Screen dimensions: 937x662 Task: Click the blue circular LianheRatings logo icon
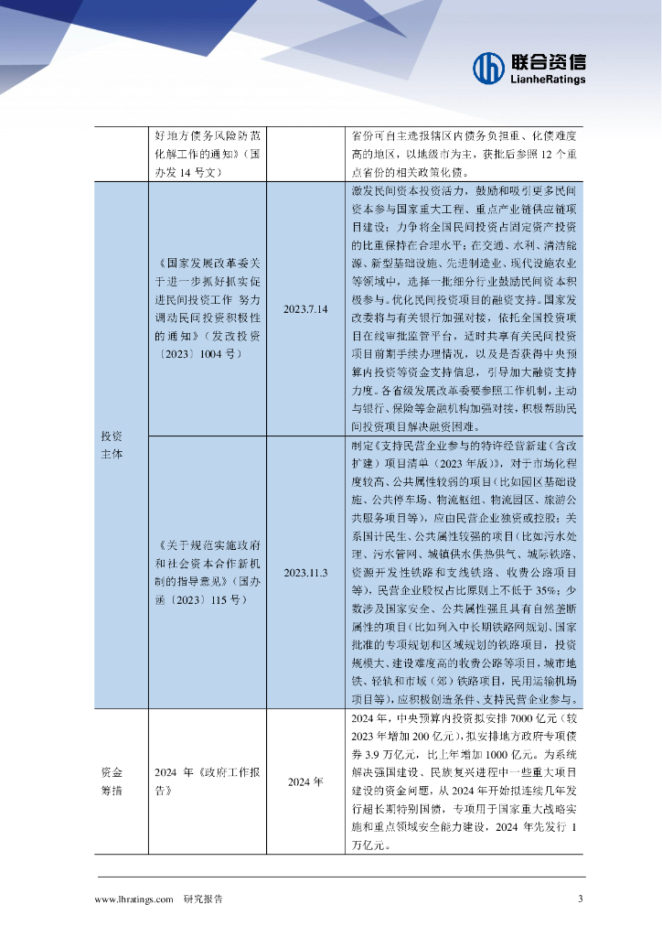click(x=488, y=67)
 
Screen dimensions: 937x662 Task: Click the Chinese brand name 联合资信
click(x=548, y=61)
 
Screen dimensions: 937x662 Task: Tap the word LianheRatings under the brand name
click(x=547, y=80)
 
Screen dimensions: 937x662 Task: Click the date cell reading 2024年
click(x=305, y=782)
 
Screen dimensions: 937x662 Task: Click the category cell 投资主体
click(x=111, y=445)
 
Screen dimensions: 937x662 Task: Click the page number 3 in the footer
click(x=580, y=899)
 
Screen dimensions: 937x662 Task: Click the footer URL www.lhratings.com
click(x=133, y=899)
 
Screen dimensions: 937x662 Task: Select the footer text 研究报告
click(x=203, y=899)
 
